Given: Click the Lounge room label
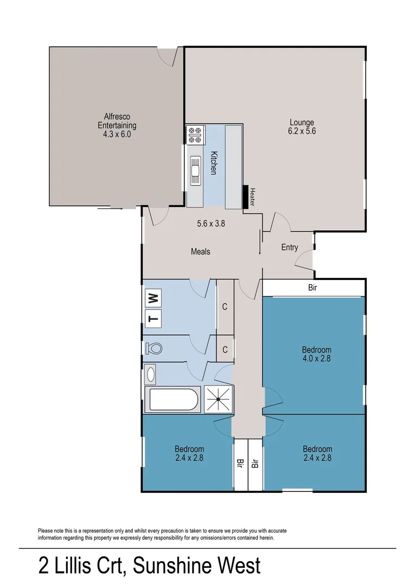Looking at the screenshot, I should pyautogui.click(x=302, y=122).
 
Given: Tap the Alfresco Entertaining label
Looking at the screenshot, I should pyautogui.click(x=117, y=121).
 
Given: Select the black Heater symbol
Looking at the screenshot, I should pyautogui.click(x=246, y=196).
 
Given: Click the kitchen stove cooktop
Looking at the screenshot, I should pyautogui.click(x=195, y=135).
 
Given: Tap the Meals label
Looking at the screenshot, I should pyautogui.click(x=200, y=251).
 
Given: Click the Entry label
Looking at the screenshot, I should pyautogui.click(x=289, y=248).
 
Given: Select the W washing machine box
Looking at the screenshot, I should pyautogui.click(x=153, y=297).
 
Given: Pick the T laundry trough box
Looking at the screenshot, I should pyautogui.click(x=153, y=318).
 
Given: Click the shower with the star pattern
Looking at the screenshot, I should pyautogui.click(x=219, y=400).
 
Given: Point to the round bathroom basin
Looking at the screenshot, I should pyautogui.click(x=150, y=374).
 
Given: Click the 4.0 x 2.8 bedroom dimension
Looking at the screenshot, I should pyautogui.click(x=317, y=358).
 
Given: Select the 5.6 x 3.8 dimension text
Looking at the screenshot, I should pyautogui.click(x=210, y=222).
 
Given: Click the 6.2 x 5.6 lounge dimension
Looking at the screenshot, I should pyautogui.click(x=302, y=131).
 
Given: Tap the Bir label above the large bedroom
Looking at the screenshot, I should pyautogui.click(x=312, y=288).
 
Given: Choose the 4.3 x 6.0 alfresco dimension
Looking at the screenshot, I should pyautogui.click(x=117, y=134).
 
